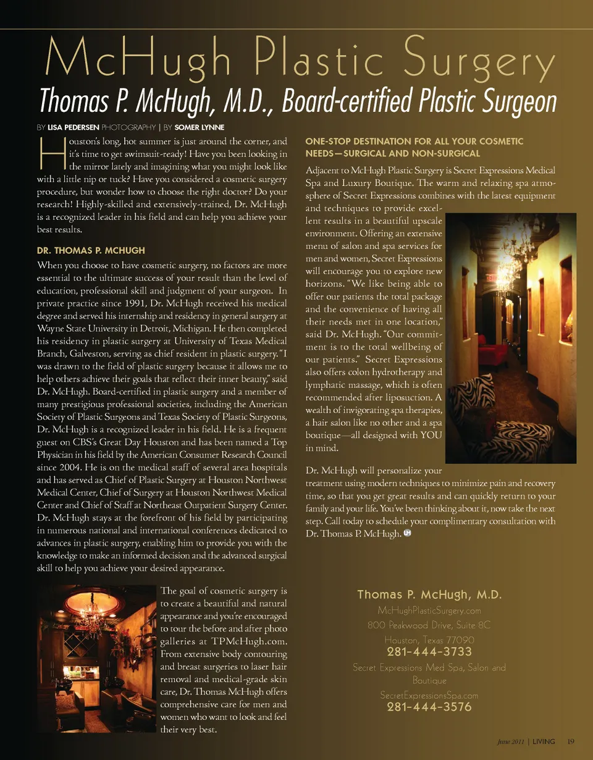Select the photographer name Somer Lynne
[200, 128]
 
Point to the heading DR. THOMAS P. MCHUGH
[91, 250]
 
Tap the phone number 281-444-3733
[429, 652]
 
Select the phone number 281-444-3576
[429, 707]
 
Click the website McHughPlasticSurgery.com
[429, 610]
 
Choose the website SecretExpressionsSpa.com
[429, 695]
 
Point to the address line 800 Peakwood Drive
[429, 625]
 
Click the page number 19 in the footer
[571, 741]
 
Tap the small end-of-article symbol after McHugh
[407, 533]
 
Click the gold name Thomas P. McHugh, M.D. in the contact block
[429, 595]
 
